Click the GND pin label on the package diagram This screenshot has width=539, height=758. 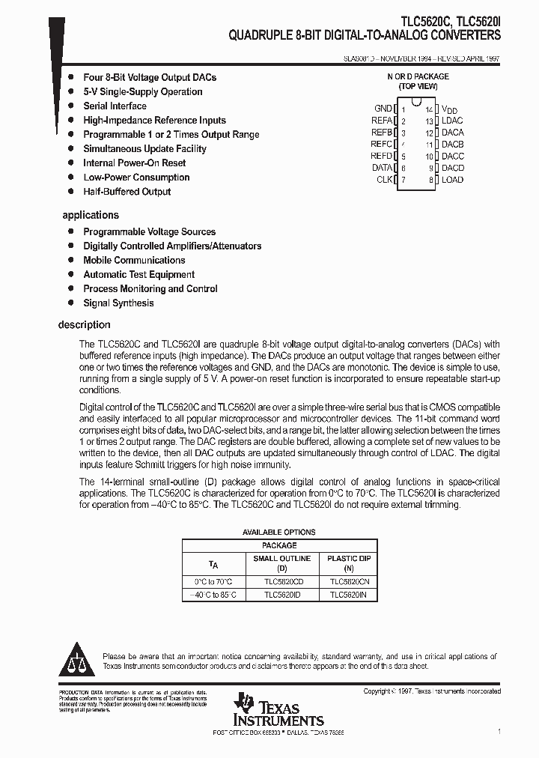[x=383, y=109]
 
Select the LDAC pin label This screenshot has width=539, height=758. [x=452, y=121]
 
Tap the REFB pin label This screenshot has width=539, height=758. [x=381, y=133]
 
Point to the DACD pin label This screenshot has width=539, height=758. [x=453, y=168]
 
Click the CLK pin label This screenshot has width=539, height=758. [x=384, y=180]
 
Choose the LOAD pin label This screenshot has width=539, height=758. [x=452, y=180]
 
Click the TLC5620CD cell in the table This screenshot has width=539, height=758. [x=284, y=581]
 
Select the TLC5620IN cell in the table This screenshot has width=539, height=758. [x=349, y=595]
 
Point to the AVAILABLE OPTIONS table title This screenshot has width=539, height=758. [x=279, y=533]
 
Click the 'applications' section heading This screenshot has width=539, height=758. [x=91, y=215]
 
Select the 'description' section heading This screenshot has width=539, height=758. [x=84, y=324]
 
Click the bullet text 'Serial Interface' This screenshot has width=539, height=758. [x=115, y=106]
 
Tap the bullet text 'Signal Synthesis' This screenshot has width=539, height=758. [x=118, y=303]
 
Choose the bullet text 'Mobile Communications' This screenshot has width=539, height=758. [x=134, y=261]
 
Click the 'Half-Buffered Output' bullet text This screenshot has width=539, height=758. [x=127, y=192]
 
